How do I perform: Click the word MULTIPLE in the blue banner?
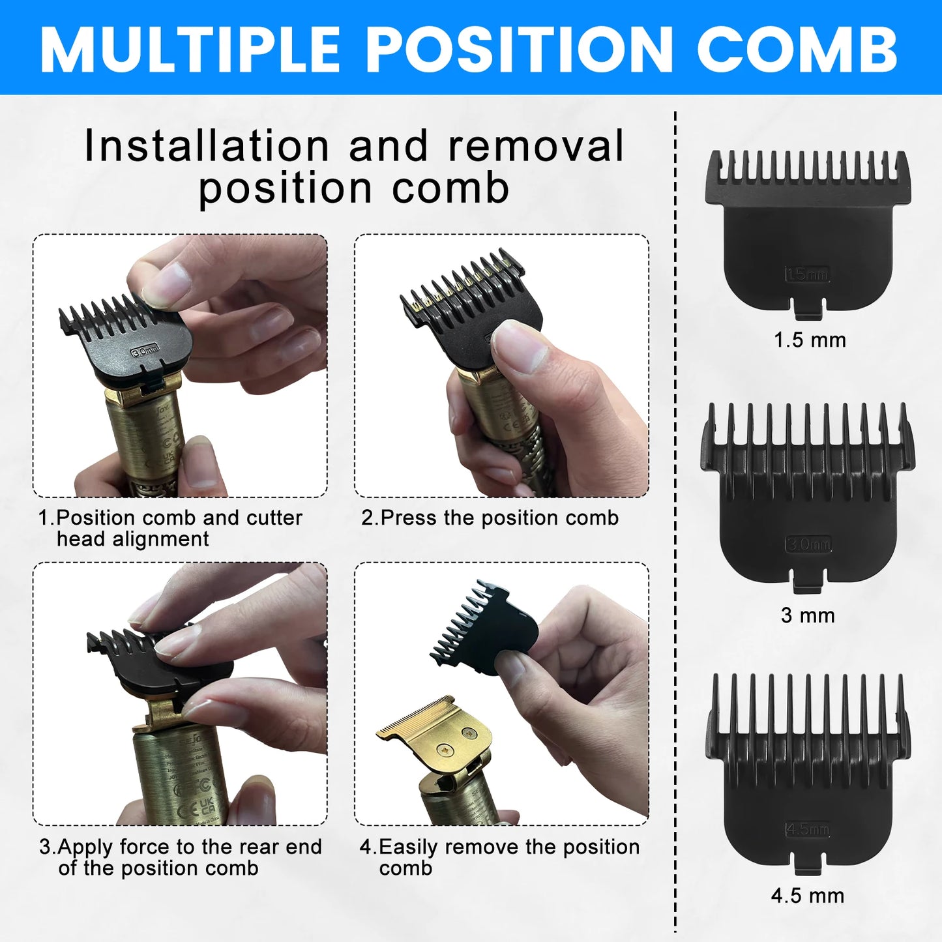(x=190, y=50)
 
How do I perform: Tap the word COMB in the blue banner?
(x=798, y=50)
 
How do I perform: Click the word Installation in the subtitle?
(x=207, y=145)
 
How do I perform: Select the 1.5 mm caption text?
(x=810, y=340)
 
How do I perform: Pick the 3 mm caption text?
(x=808, y=615)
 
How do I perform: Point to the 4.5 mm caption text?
(x=808, y=896)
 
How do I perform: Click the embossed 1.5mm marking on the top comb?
(x=807, y=274)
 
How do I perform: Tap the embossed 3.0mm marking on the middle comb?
(x=808, y=544)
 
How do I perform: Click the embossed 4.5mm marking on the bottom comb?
(x=808, y=829)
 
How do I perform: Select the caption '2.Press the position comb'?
(x=490, y=518)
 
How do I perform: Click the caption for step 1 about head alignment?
(x=170, y=528)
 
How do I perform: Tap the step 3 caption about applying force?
(x=181, y=857)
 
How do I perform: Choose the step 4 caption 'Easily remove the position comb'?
(x=499, y=857)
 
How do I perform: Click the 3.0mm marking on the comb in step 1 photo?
(x=145, y=351)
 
